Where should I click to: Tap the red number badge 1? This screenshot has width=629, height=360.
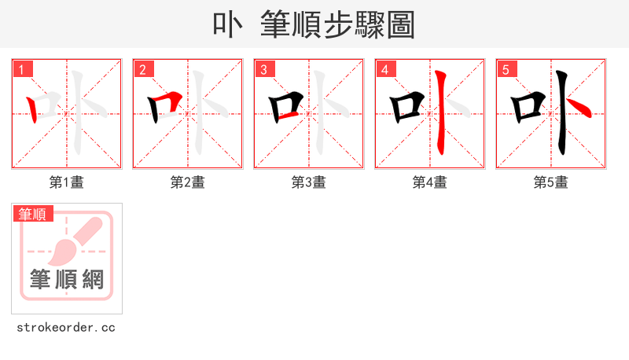click(x=21, y=70)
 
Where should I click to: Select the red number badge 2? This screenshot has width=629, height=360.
click(x=142, y=70)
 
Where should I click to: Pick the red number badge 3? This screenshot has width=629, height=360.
click(x=263, y=70)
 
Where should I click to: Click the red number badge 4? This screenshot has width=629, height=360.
click(x=384, y=70)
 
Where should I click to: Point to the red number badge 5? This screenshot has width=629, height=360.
click(x=506, y=70)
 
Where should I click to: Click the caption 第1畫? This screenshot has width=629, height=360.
click(x=67, y=182)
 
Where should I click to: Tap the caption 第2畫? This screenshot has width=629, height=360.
click(x=188, y=182)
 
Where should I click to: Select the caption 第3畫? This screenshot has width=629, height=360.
click(x=309, y=182)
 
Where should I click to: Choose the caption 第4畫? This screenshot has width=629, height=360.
click(x=430, y=182)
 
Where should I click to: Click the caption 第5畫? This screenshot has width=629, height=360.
click(x=551, y=182)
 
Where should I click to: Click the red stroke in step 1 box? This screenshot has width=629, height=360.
click(x=33, y=109)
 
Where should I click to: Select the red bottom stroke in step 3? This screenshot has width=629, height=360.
click(x=287, y=117)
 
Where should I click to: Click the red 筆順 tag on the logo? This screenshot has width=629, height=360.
click(x=32, y=214)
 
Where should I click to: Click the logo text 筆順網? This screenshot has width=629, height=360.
click(x=67, y=279)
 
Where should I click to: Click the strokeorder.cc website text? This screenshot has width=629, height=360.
click(x=67, y=327)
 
